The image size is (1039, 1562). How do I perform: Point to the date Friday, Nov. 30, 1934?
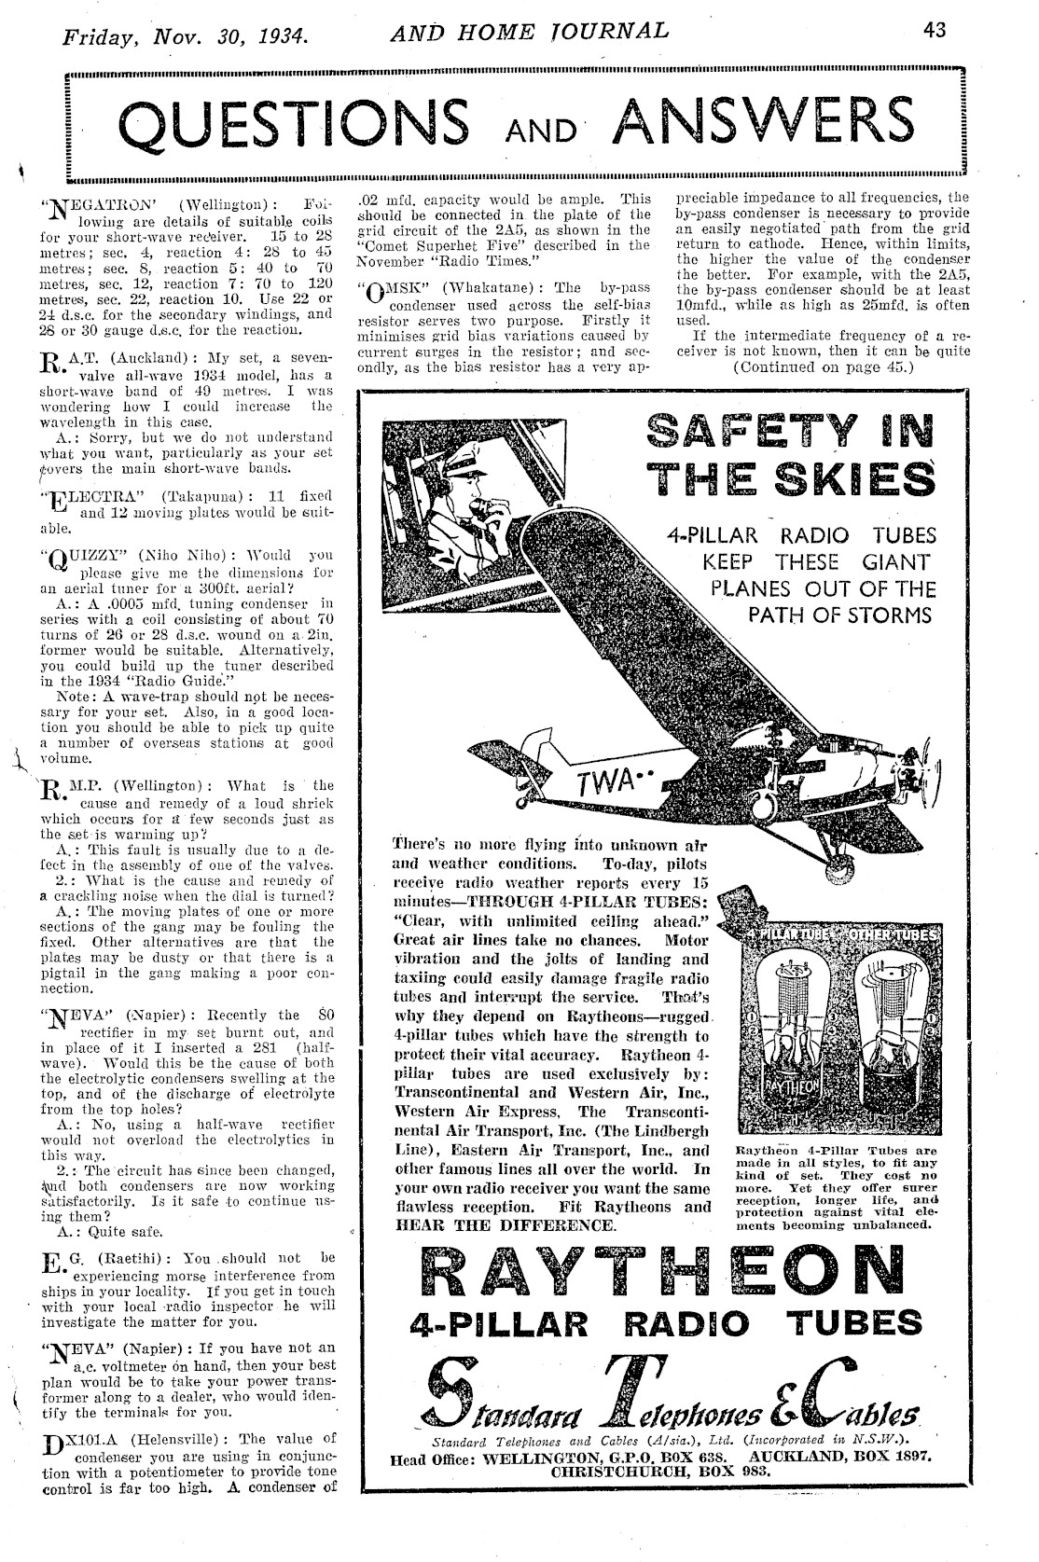[185, 38]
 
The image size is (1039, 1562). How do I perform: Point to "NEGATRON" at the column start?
[90, 203]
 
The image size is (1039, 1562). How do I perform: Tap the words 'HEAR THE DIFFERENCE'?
[506, 1224]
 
